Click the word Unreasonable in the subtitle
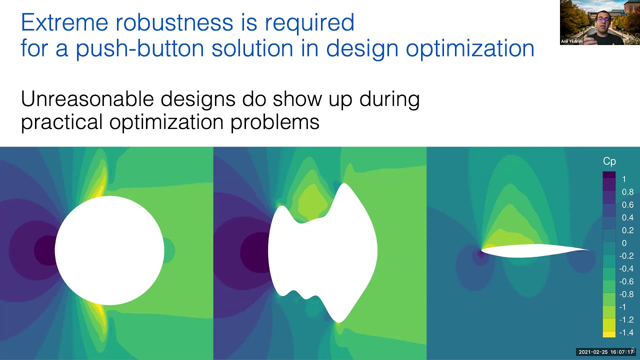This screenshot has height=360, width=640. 86,99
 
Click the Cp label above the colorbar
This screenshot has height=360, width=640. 609,161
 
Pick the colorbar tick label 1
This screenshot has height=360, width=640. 623,179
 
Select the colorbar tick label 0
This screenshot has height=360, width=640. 623,243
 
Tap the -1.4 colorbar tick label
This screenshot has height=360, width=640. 626,332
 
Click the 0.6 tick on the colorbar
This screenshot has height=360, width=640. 627,204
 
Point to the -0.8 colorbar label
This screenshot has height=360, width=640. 626,294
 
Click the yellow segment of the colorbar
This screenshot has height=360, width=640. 608,334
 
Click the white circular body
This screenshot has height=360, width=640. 109,250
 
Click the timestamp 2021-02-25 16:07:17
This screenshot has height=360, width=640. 605,352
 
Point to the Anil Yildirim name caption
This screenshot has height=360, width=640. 572,41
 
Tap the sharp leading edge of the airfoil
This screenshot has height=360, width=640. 482,249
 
